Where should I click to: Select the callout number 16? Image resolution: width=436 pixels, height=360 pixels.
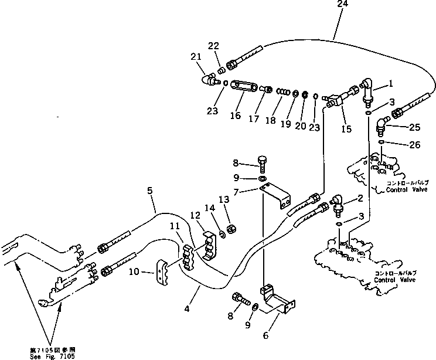click(235, 116)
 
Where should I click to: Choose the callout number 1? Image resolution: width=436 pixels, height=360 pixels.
click(390, 84)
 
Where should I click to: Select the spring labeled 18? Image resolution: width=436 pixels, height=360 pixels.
click(283, 91)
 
